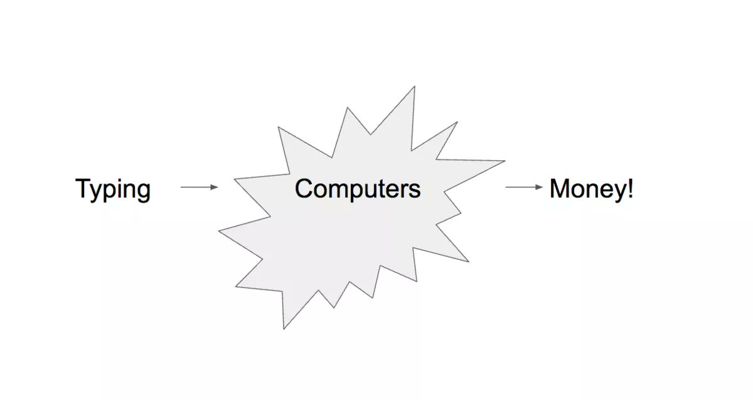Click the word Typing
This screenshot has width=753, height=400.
click(113, 189)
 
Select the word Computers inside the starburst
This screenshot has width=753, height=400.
click(358, 188)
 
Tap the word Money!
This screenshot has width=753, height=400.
click(591, 189)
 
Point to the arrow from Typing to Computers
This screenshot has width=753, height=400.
click(199, 187)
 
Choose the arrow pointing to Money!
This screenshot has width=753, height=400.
click(524, 187)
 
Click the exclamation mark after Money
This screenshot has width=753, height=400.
click(629, 188)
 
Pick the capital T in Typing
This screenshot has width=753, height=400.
click(83, 188)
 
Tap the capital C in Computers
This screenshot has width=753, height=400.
click(304, 188)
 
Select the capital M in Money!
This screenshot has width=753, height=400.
click(560, 188)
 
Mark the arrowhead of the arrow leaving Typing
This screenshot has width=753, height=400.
click(215, 187)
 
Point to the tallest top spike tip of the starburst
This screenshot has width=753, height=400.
click(415, 87)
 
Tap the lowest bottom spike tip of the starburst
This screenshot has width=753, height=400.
click(284, 328)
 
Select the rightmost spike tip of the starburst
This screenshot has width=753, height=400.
click(505, 161)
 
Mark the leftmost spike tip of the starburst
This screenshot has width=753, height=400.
click(219, 231)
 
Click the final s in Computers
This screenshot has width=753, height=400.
click(414, 190)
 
